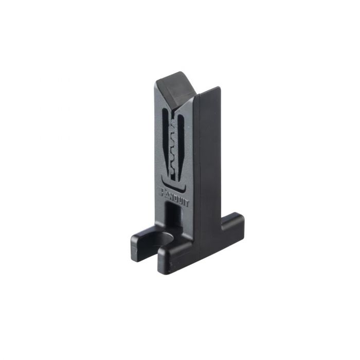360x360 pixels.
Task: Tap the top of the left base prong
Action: tap(143, 234)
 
